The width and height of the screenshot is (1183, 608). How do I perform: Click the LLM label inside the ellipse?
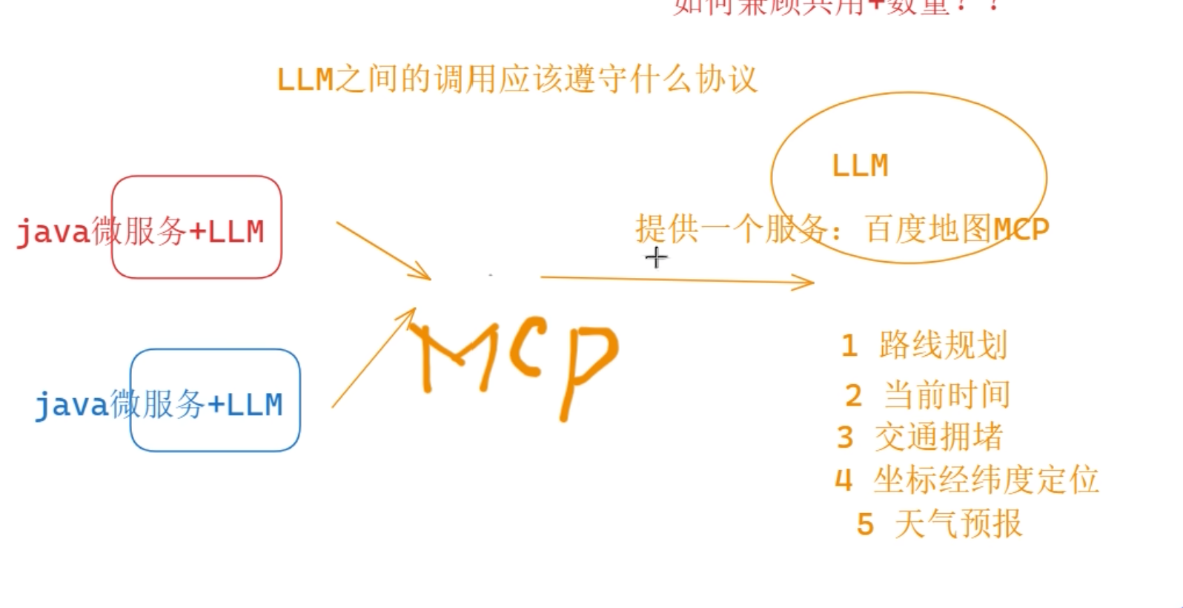[860, 166]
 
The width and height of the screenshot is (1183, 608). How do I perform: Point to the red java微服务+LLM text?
[140, 232]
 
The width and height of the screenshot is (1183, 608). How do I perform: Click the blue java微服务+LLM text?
[159, 405]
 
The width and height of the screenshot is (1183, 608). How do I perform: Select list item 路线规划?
[943, 346]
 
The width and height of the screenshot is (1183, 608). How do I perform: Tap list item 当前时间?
[947, 394]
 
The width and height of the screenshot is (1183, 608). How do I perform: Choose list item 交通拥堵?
[938, 437]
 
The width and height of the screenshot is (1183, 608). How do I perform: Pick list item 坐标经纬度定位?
[986, 480]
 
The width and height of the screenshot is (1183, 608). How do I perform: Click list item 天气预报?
[958, 524]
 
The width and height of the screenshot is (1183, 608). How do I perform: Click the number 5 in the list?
[865, 525]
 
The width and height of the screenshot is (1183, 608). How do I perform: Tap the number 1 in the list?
[849, 346]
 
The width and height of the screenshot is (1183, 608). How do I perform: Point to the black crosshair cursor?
[656, 258]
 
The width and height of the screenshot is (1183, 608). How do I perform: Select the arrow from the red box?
[384, 251]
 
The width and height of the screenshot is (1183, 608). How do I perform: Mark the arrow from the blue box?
[373, 358]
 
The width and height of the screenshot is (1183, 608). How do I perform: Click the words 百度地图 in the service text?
[928, 230]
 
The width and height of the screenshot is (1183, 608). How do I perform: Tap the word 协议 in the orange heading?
[726, 79]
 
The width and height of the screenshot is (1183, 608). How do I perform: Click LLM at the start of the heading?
[305, 79]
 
